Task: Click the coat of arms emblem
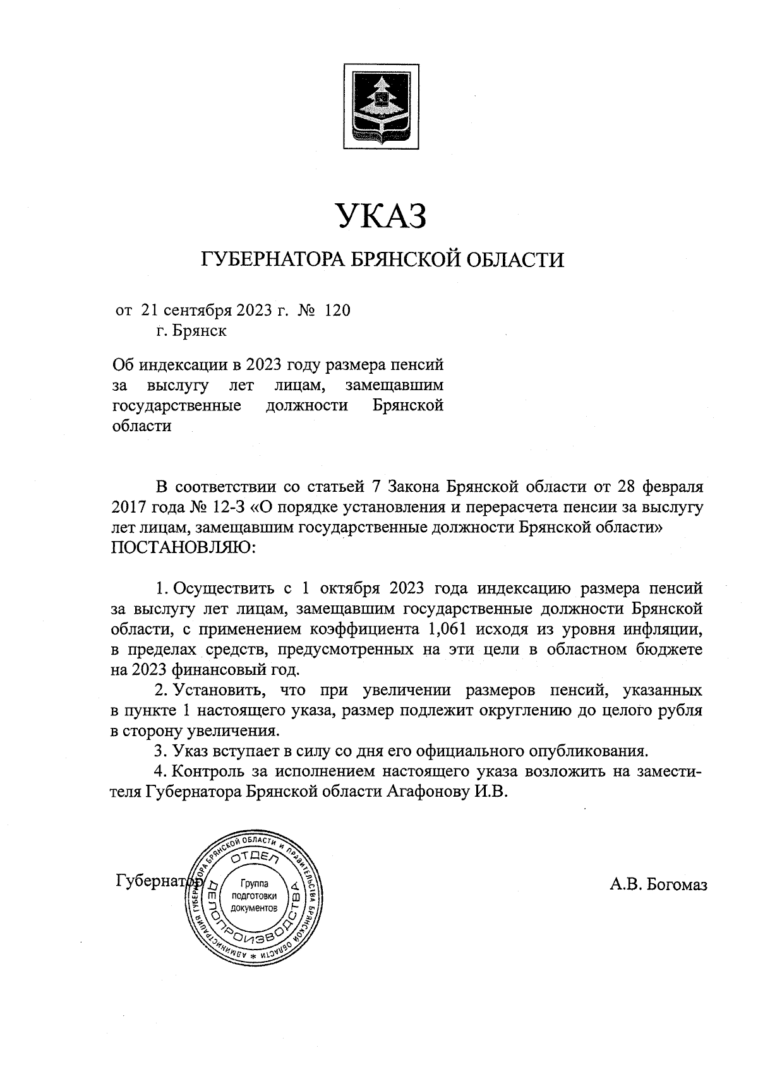[x=381, y=107]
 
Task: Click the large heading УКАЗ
[x=381, y=215]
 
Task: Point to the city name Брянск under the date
[x=200, y=330]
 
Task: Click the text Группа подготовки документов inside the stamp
[x=255, y=896]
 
